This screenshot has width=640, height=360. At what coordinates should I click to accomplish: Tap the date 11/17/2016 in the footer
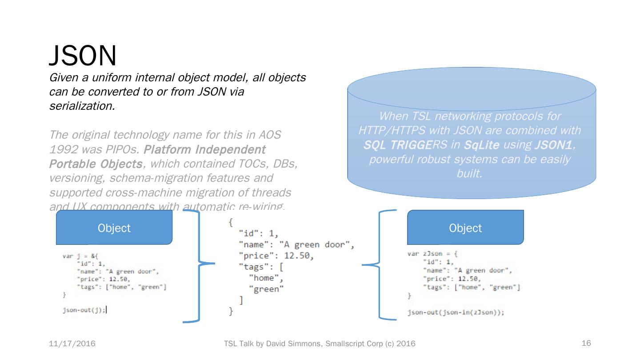point(72,344)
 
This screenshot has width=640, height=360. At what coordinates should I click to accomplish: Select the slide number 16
point(586,343)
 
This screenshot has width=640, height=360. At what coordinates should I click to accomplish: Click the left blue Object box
point(114,228)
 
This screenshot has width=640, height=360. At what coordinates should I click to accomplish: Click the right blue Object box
point(465,228)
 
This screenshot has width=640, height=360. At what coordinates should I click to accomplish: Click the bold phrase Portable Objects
point(96,164)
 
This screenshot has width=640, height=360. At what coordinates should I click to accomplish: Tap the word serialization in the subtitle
point(82,106)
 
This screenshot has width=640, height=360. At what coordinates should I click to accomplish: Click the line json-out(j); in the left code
point(84,310)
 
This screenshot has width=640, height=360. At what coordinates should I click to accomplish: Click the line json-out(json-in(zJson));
point(456,312)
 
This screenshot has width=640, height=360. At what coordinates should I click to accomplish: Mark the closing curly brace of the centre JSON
point(231,312)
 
